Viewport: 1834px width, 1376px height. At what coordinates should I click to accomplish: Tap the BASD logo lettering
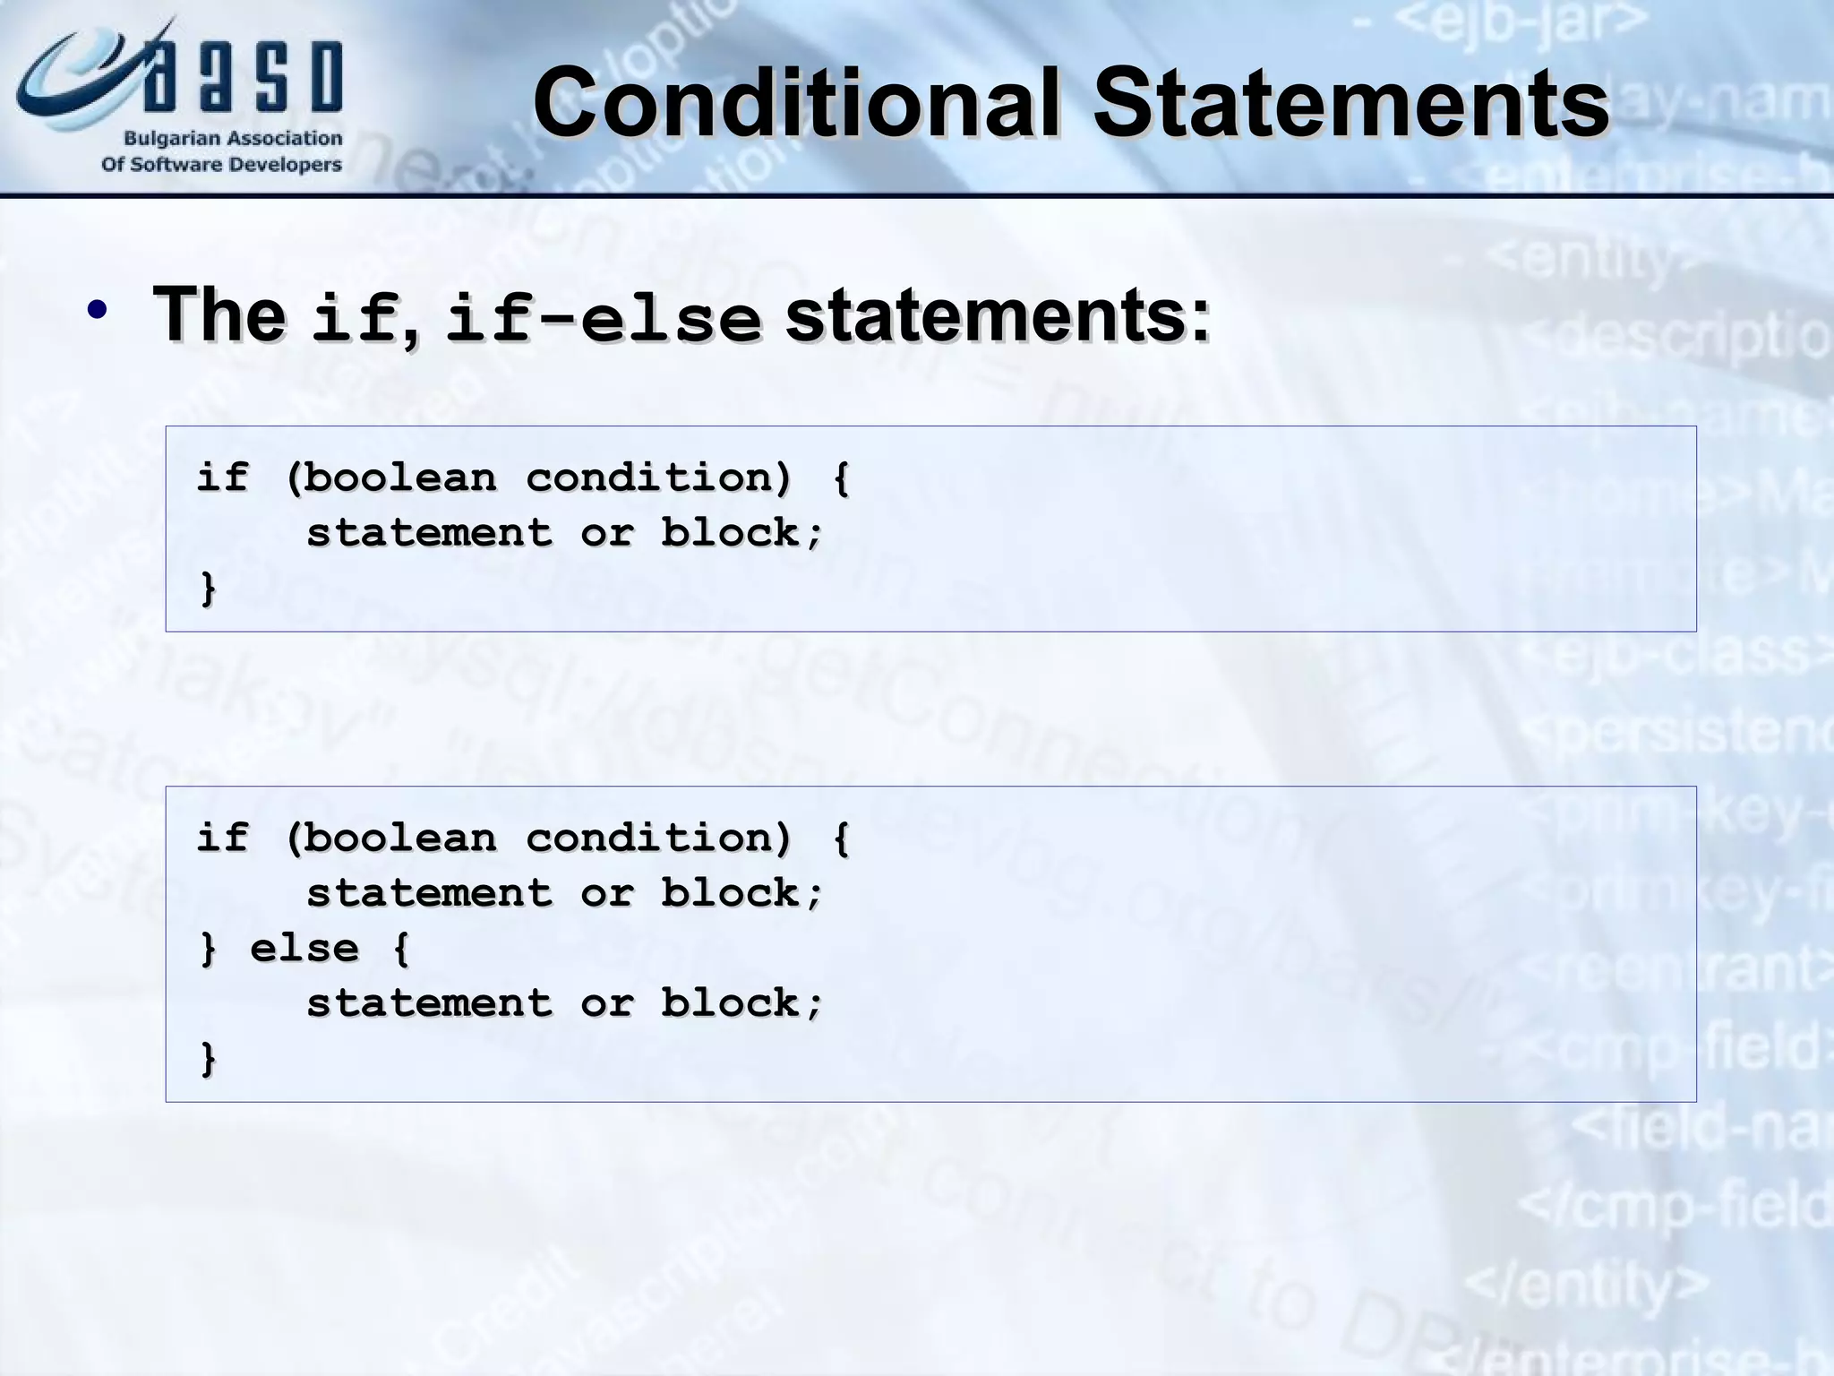click(242, 79)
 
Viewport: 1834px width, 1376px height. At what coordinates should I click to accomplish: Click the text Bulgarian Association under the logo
click(233, 139)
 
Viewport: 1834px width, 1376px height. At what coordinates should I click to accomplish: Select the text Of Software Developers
click(221, 165)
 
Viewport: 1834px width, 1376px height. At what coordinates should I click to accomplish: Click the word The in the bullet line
click(219, 315)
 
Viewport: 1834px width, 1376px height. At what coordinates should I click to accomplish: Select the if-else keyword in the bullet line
click(603, 319)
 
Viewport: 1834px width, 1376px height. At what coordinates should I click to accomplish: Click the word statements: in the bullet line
click(998, 315)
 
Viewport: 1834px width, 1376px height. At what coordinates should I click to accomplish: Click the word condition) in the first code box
click(658, 477)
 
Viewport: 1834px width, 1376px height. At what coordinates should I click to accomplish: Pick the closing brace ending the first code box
click(208, 588)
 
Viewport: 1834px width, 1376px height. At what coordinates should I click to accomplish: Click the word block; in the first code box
click(741, 533)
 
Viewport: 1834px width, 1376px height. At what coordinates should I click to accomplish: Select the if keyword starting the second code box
click(221, 838)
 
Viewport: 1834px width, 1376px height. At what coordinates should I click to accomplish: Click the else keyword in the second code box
click(304, 949)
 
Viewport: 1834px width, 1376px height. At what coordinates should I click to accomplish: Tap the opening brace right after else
click(401, 949)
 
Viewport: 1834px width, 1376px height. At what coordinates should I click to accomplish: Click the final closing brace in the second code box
click(208, 1058)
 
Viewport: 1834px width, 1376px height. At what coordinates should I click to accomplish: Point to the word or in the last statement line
click(606, 1003)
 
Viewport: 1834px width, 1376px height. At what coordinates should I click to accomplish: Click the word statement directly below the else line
click(429, 1003)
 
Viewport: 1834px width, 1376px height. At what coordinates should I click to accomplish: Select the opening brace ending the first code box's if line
click(841, 477)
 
